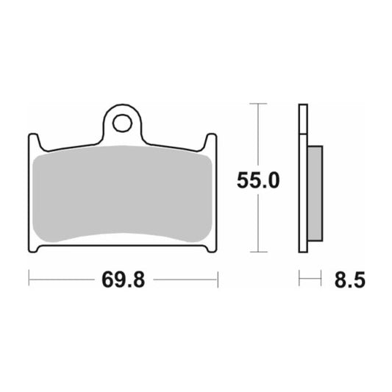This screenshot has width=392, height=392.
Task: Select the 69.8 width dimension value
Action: coord(123,279)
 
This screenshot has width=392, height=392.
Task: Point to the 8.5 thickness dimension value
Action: coord(349,279)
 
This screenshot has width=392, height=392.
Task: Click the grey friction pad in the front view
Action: coord(123,193)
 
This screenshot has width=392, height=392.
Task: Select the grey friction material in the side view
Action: coord(314,193)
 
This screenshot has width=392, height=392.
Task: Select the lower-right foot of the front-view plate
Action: coord(212,248)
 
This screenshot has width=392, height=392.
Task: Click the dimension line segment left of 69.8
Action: coord(63,279)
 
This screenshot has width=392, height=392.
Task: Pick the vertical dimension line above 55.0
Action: coord(257,136)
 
